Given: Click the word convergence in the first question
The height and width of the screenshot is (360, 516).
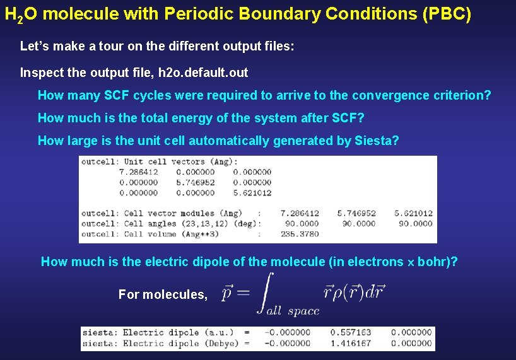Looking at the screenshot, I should (x=386, y=96).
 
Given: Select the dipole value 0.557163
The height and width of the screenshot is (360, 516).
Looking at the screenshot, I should (x=351, y=332).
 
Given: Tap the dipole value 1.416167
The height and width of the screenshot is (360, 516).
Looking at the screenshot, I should (x=351, y=344).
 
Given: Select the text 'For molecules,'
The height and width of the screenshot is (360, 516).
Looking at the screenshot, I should (x=163, y=294).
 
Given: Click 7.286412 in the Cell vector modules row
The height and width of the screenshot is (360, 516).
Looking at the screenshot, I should (x=300, y=213).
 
